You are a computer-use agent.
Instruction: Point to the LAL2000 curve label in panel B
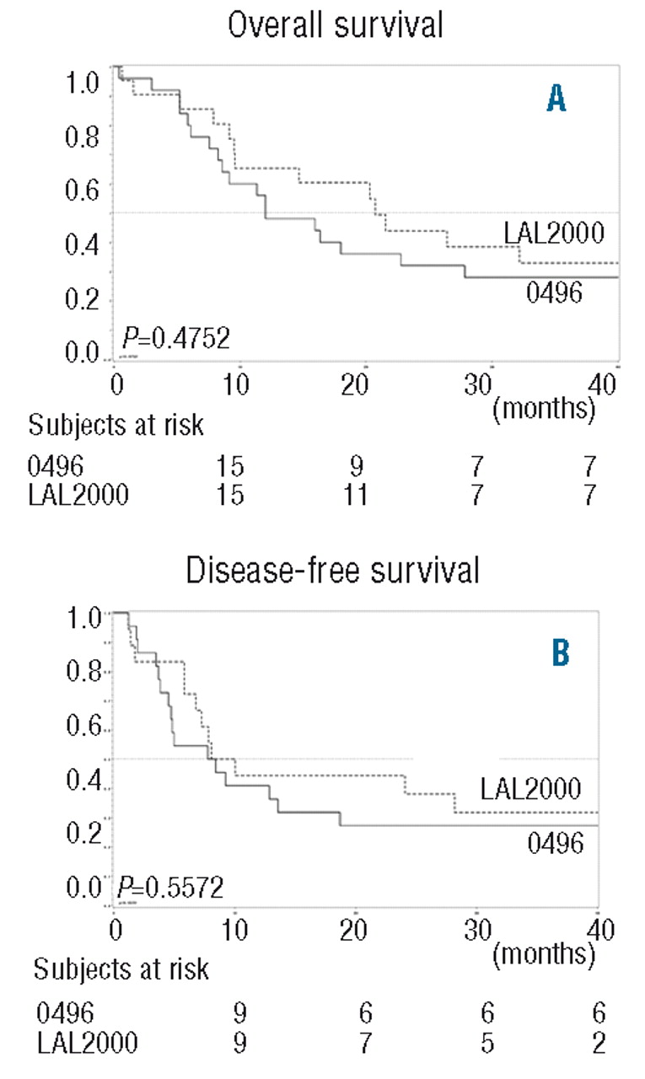click(x=531, y=788)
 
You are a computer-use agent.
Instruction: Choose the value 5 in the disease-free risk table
click(x=477, y=1041)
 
